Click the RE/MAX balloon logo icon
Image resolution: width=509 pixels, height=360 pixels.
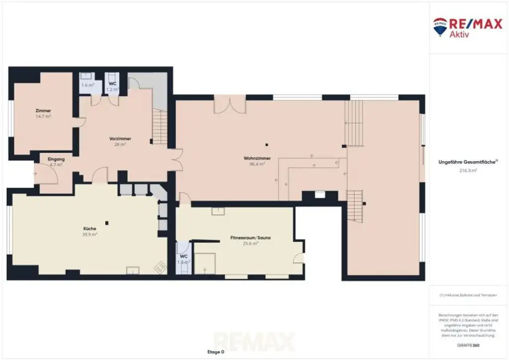[440, 26]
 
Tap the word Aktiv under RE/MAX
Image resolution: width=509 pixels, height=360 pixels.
[460, 34]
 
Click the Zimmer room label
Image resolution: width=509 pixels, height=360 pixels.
[43, 110]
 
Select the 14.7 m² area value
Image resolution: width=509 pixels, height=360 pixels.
[43, 116]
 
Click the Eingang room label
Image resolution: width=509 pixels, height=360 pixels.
[56, 159]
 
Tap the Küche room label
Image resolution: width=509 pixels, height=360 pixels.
[90, 229]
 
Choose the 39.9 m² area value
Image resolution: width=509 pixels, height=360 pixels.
[90, 234]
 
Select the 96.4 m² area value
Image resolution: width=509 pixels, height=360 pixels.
[256, 164]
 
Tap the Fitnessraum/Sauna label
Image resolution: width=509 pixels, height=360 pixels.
[250, 238]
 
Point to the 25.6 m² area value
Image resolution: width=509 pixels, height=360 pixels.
[250, 244]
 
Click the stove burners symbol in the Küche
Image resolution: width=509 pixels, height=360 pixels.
[161, 267]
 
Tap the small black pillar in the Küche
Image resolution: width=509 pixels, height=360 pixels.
[106, 223]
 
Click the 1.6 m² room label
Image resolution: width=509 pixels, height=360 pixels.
[87, 85]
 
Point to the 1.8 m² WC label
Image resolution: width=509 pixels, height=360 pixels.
[183, 262]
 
